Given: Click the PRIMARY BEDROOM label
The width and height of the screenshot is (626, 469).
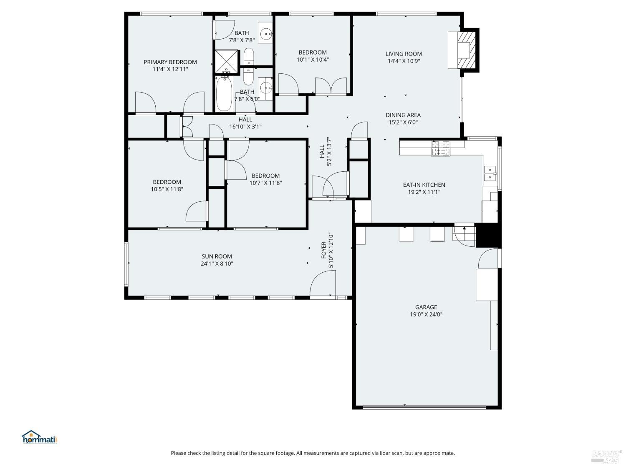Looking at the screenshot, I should (x=170, y=62).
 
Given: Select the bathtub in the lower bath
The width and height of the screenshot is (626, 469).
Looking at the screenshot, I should (x=224, y=95).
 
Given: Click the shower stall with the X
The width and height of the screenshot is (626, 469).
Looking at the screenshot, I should (x=227, y=61).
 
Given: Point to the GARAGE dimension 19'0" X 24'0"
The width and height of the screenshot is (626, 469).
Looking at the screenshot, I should (x=426, y=315).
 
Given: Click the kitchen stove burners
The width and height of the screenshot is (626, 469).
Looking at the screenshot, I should (x=441, y=148).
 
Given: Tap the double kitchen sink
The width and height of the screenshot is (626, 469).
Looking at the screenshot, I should (x=490, y=173).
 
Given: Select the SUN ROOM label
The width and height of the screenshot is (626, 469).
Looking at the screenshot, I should (x=217, y=256).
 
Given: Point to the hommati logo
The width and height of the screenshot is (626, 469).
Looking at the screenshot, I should (x=39, y=438).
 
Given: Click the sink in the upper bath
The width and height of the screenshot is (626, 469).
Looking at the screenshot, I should (x=265, y=33).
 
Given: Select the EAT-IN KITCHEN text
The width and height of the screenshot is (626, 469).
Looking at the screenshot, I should (x=424, y=185).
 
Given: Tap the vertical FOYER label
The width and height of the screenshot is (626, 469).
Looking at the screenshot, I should (x=324, y=250).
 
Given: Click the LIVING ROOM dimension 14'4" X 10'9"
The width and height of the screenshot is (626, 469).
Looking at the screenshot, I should (x=403, y=61).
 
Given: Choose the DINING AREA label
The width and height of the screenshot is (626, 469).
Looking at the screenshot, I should (x=403, y=115).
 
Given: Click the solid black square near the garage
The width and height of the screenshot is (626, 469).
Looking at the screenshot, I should (x=487, y=236).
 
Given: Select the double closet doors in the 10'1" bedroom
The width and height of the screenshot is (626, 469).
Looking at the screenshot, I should (x=331, y=86).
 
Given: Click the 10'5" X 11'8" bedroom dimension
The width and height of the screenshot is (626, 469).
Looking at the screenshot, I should (x=167, y=189).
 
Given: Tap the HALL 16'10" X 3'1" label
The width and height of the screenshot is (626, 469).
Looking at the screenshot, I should (x=245, y=123).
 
